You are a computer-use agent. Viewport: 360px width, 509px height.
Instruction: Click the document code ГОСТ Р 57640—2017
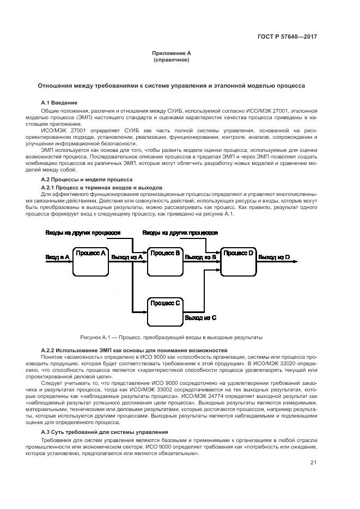click(x=287, y=36)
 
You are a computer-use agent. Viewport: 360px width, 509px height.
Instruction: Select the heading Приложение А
click(x=172, y=53)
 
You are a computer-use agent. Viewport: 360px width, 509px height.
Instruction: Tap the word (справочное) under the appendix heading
click(x=172, y=59)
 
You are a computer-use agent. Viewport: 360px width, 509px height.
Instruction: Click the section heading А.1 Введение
click(x=59, y=102)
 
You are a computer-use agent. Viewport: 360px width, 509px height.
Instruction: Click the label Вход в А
click(x=57, y=256)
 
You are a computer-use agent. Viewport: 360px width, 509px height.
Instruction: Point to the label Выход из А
click(x=126, y=256)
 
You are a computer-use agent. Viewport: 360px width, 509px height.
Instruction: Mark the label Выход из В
click(x=200, y=256)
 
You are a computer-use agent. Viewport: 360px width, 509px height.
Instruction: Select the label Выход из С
click(x=200, y=317)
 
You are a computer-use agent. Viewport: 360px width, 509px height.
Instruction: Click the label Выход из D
click(x=274, y=256)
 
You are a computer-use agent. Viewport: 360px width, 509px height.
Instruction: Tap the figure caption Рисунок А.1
click(x=171, y=337)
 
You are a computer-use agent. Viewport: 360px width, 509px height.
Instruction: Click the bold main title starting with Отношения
click(x=171, y=86)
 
